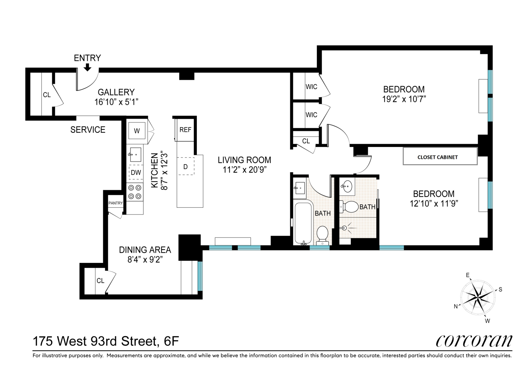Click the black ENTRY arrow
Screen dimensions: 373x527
pyautogui.click(x=87, y=67)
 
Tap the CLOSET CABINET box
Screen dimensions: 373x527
pyautogui.click(x=440, y=157)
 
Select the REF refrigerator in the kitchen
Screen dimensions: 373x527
pyautogui.click(x=185, y=130)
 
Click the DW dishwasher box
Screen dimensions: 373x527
pyautogui.click(x=136, y=172)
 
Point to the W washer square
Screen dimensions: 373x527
pyautogui.click(x=137, y=131)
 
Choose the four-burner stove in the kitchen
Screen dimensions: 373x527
pyautogui.click(x=135, y=192)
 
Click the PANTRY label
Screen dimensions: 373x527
pyautogui.click(x=116, y=203)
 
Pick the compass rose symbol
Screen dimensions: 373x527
pyautogui.click(x=478, y=297)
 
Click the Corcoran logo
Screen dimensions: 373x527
pyautogui.click(x=474, y=341)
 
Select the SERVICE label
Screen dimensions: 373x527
pyautogui.click(x=88, y=130)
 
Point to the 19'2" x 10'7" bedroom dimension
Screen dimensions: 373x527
pyautogui.click(x=404, y=99)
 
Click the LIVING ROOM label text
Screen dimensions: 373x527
pyautogui.click(x=244, y=160)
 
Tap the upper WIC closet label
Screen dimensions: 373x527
pyautogui.click(x=311, y=87)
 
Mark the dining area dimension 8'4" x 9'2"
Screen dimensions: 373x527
pyautogui.click(x=145, y=260)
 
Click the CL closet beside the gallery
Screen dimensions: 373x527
pyautogui.click(x=47, y=95)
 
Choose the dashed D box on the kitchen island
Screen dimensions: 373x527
pyautogui.click(x=185, y=167)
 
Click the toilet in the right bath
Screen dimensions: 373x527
pyautogui.click(x=349, y=206)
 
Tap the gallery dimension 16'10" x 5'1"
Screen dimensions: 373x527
pyautogui.click(x=116, y=102)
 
